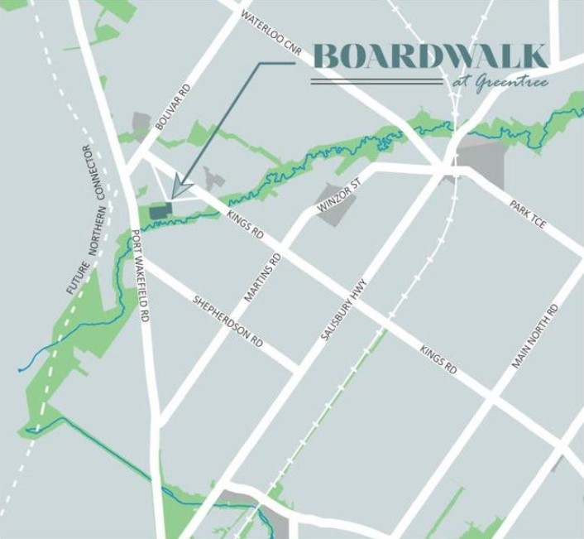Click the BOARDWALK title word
(x=429, y=56)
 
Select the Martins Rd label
(x=262, y=277)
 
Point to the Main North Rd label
(x=536, y=335)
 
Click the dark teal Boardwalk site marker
(x=160, y=212)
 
